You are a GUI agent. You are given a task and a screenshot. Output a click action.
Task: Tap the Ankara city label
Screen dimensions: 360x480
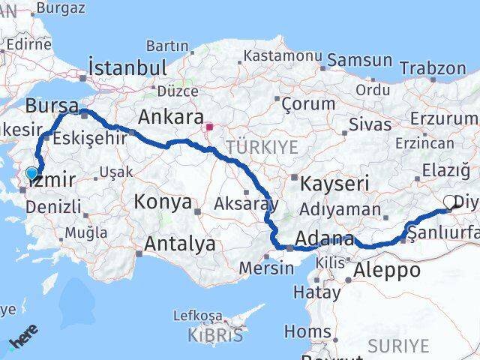[x=171, y=117]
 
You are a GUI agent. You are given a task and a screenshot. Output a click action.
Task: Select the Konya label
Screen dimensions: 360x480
[x=163, y=202]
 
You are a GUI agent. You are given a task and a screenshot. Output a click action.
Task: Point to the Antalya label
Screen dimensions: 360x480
[x=179, y=244]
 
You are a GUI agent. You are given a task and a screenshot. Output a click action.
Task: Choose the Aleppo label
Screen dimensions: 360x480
[x=387, y=270]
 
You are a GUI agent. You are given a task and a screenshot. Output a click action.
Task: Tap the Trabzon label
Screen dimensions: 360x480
[x=433, y=68]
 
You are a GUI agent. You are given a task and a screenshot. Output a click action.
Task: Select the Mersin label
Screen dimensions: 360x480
[x=266, y=268]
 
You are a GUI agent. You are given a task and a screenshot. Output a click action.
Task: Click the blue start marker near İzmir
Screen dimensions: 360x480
[x=31, y=174]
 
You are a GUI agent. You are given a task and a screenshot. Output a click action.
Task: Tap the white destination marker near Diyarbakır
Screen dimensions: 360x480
[x=450, y=201]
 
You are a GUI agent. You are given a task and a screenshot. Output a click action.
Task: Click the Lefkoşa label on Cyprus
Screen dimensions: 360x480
[x=198, y=316]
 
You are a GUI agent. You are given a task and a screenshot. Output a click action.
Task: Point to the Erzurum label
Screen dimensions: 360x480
[x=442, y=119]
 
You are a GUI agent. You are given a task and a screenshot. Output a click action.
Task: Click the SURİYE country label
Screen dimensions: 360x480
[x=398, y=346]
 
